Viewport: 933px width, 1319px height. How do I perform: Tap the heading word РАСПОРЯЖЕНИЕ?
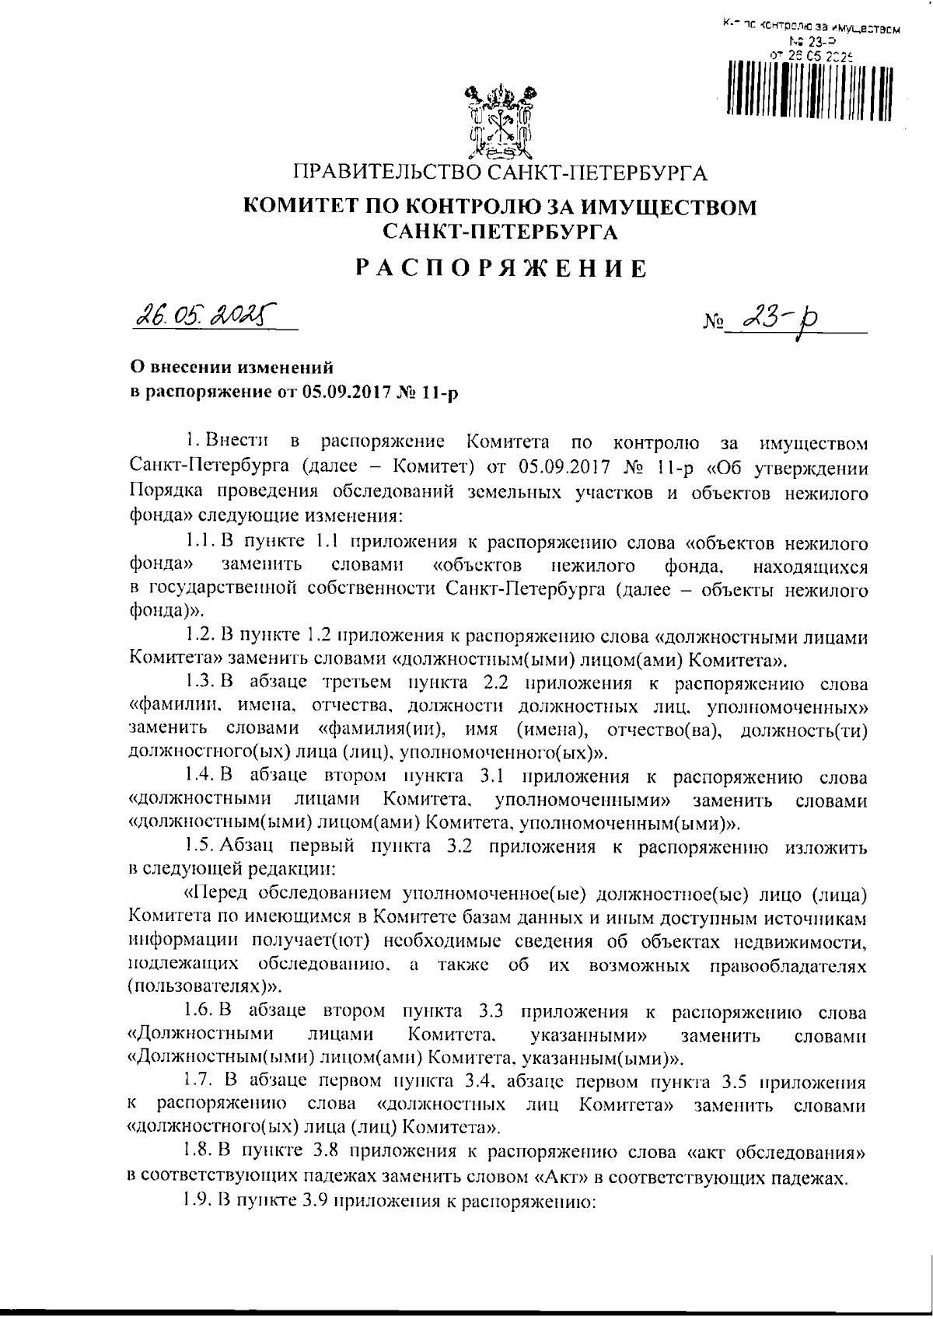pyautogui.click(x=500, y=269)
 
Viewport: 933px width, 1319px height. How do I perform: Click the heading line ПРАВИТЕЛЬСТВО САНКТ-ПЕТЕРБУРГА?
pyautogui.click(x=500, y=172)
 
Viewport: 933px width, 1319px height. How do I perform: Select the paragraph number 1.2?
pyautogui.click(x=199, y=637)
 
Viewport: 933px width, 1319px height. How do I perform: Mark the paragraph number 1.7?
pyautogui.click(x=199, y=1081)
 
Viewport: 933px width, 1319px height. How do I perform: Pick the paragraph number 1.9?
pyautogui.click(x=199, y=1200)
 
